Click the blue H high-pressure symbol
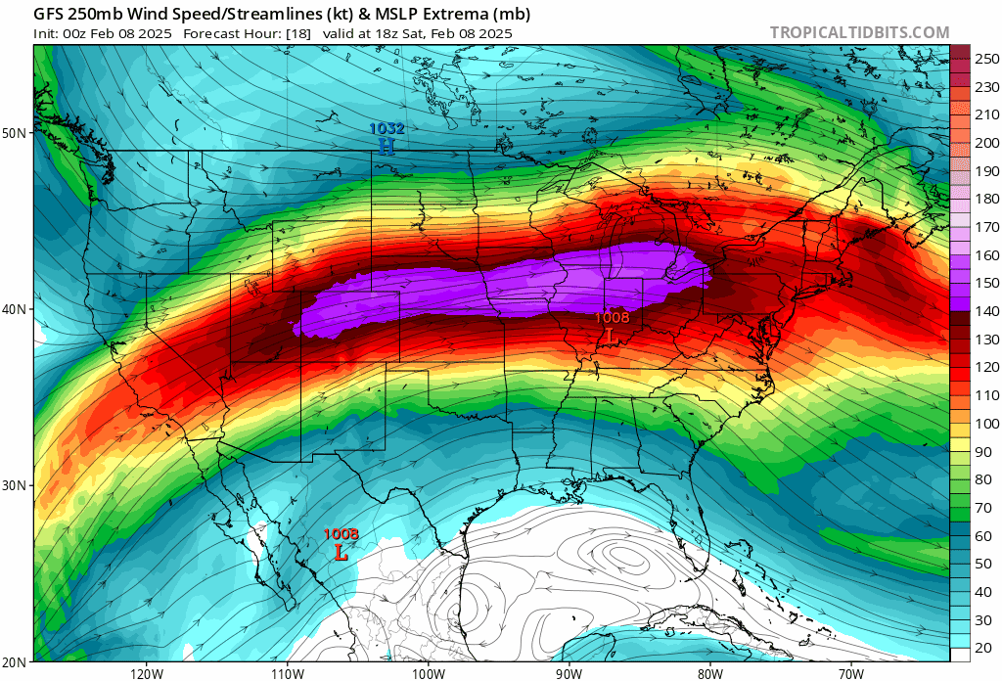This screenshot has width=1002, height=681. click(x=387, y=146)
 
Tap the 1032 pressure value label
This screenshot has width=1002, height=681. click(x=387, y=128)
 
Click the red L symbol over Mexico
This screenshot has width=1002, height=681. click(x=341, y=552)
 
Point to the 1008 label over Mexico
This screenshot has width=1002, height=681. click(x=341, y=534)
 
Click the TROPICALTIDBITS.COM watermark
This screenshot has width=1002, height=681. click(x=859, y=32)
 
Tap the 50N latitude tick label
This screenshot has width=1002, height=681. click(x=17, y=133)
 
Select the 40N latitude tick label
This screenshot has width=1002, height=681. click(x=17, y=309)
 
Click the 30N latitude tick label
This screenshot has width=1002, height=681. click(x=17, y=485)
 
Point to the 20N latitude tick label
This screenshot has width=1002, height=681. click(x=17, y=662)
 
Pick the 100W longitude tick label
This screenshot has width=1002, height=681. click(x=428, y=673)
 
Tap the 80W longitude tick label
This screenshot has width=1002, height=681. click(x=709, y=673)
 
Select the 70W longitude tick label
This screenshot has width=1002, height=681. click(x=850, y=673)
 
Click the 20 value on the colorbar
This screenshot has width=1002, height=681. click(x=981, y=649)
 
